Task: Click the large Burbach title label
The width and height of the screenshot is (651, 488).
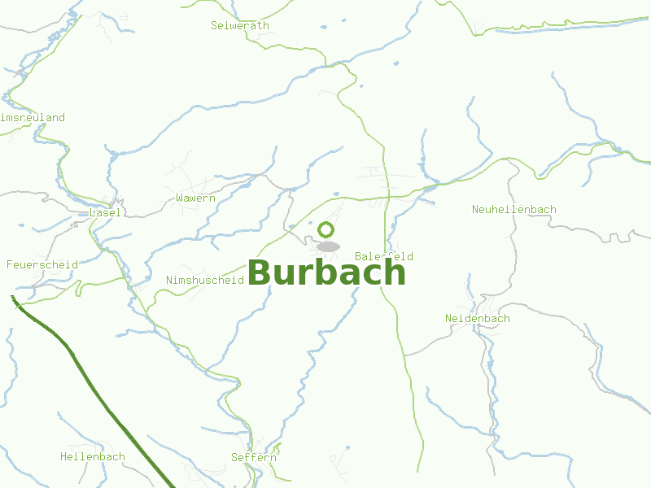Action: point(326,272)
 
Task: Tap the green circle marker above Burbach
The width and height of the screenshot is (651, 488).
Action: point(326,230)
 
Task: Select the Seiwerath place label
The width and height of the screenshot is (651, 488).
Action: point(239,25)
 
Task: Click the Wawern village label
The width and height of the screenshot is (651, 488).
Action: point(195,198)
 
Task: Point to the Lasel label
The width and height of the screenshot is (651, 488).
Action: point(106,212)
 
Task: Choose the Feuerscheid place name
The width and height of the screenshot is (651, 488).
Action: point(42,264)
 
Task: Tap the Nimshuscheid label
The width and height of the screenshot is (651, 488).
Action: point(205,280)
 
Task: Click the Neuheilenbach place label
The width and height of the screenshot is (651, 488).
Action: point(514,209)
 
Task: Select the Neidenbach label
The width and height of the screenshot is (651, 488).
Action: point(478,318)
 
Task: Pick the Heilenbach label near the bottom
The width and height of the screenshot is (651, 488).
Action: point(93,456)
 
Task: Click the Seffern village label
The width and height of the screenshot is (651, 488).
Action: point(253,457)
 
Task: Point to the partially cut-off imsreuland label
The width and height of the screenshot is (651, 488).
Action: point(33,117)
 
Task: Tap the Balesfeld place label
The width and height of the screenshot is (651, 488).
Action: point(384,256)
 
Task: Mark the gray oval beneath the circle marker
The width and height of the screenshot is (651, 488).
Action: point(328,246)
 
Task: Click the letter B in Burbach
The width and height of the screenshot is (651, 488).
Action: point(260,273)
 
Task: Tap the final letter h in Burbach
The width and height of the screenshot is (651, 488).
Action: point(394,272)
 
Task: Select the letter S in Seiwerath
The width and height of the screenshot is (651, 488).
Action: point(215,25)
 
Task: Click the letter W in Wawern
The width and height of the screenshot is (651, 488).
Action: point(180,198)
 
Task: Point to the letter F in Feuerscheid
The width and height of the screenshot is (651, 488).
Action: point(10,264)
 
